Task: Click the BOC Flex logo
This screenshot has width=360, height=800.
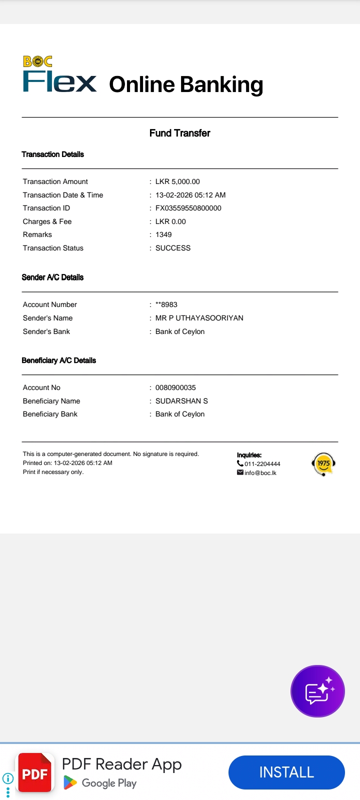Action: (x=59, y=75)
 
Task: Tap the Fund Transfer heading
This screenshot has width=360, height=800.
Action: (x=179, y=133)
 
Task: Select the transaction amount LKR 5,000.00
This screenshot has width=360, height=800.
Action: (x=177, y=181)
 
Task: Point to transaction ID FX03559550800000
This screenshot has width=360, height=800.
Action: (x=188, y=208)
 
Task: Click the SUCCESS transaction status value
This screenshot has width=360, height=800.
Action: (x=173, y=248)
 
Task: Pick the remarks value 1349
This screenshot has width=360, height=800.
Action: (x=163, y=234)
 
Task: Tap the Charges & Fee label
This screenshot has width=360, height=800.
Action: (x=47, y=221)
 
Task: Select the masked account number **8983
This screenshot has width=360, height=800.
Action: (x=166, y=304)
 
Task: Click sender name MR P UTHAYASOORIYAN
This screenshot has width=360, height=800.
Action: (x=199, y=318)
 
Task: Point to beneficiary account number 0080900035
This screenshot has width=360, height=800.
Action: (x=175, y=387)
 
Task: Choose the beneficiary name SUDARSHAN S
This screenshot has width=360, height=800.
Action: (x=181, y=401)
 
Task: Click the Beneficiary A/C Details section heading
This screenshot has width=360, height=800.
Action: (x=58, y=360)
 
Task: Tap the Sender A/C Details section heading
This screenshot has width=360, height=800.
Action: (x=52, y=277)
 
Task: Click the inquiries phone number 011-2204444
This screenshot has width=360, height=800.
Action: (x=262, y=464)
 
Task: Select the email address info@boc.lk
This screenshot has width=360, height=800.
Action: (x=260, y=473)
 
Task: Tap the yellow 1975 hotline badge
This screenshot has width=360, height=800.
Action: (x=323, y=464)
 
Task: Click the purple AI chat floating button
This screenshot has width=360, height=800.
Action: (x=317, y=691)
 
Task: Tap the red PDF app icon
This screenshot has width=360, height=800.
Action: (x=35, y=773)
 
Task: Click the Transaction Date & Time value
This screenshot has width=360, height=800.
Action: (x=190, y=195)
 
